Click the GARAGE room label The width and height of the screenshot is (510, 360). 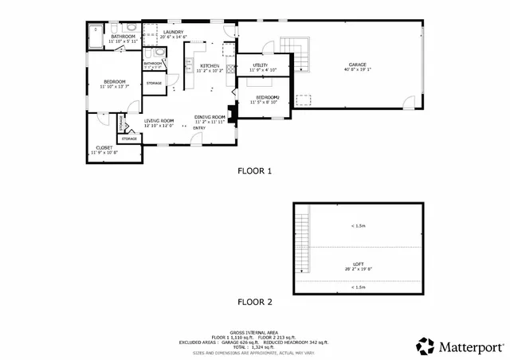pyautogui.click(x=357, y=65)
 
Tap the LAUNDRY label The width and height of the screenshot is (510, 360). pyautogui.click(x=173, y=32)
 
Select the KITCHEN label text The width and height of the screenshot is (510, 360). pyautogui.click(x=210, y=65)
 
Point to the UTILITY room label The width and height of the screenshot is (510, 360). pyautogui.click(x=261, y=65)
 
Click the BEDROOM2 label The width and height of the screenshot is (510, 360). pyautogui.click(x=263, y=97)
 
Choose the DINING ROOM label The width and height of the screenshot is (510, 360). pyautogui.click(x=210, y=117)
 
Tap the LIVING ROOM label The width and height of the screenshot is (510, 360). pyautogui.click(x=159, y=121)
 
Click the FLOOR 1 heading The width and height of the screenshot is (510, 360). pyautogui.click(x=255, y=170)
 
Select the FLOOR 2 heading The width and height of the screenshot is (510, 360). pyautogui.click(x=255, y=302)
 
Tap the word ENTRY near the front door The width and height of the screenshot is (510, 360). pyautogui.click(x=199, y=127)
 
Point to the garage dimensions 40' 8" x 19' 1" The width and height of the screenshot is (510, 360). pyautogui.click(x=357, y=70)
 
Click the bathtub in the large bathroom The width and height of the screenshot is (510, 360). pyautogui.click(x=97, y=38)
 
